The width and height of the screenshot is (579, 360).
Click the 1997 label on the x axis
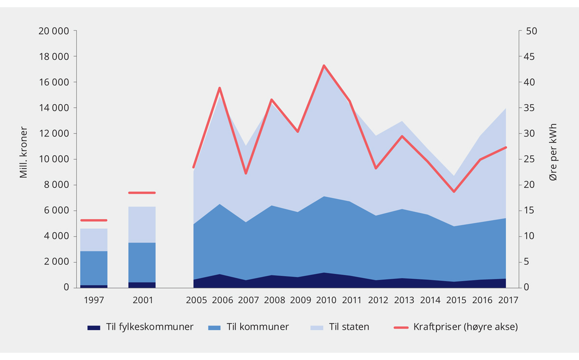tap(94, 300)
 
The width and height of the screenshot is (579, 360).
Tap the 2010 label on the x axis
tap(326, 300)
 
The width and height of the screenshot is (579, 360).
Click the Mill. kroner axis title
tap(23, 152)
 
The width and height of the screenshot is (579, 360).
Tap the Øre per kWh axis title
tap(553, 152)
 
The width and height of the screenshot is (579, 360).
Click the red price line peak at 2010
tap(324, 65)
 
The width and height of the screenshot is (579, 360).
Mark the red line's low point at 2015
tap(454, 192)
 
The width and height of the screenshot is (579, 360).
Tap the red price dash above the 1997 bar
tap(94, 221)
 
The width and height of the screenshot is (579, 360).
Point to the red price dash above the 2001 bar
tap(142, 193)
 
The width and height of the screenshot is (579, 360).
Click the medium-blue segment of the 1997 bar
tap(94, 268)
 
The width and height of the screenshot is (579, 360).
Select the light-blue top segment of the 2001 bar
tap(142, 224)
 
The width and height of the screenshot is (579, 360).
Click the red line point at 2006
tap(220, 88)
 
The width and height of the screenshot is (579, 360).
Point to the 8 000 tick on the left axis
tap(56, 185)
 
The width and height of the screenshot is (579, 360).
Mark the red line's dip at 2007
tap(246, 173)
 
